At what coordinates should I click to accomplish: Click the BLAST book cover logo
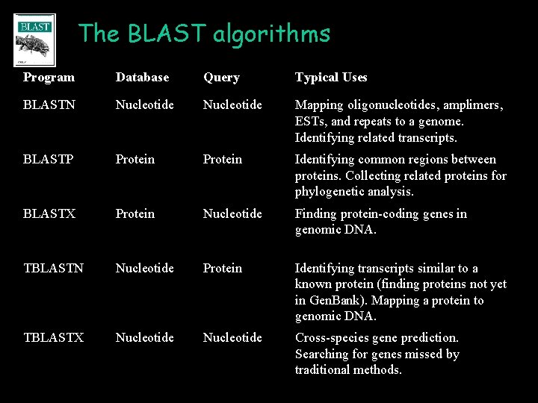click(x=34, y=40)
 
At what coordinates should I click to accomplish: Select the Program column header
click(x=49, y=78)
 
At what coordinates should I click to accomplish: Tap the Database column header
click(x=142, y=78)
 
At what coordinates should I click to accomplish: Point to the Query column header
click(x=221, y=78)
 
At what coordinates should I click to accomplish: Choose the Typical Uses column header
click(x=331, y=78)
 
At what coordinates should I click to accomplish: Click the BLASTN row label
click(x=49, y=105)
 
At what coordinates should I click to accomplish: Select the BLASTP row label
click(x=49, y=160)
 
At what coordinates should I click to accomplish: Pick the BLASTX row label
click(x=49, y=214)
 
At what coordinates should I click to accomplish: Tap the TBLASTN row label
click(x=54, y=269)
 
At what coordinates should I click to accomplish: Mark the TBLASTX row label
click(x=54, y=338)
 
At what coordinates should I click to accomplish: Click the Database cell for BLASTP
click(x=135, y=160)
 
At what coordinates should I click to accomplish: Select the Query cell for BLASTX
click(x=232, y=214)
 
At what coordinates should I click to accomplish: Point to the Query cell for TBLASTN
click(x=223, y=269)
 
